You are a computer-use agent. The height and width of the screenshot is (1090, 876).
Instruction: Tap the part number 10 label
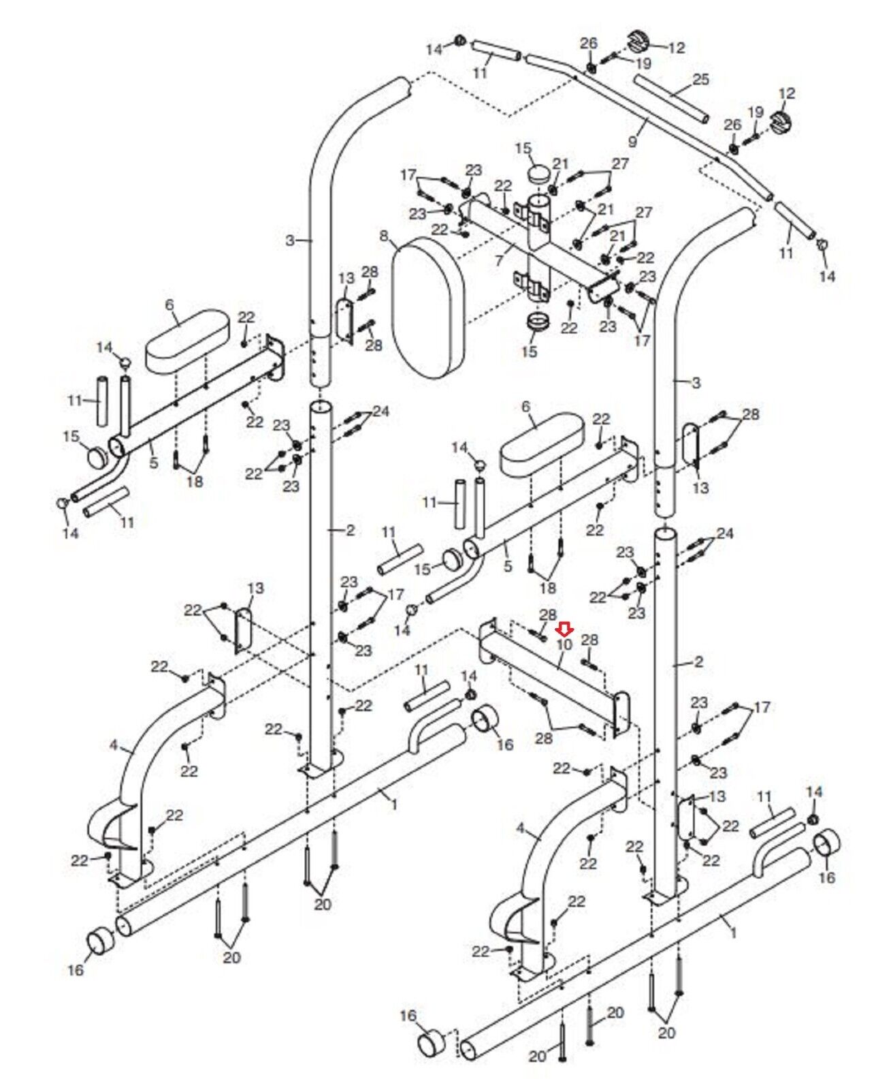tap(564, 644)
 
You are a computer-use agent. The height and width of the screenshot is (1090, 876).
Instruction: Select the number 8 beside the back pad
tap(384, 236)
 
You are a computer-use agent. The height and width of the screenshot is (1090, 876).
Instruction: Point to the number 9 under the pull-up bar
tap(632, 141)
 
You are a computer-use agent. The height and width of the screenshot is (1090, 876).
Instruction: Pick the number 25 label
tap(700, 79)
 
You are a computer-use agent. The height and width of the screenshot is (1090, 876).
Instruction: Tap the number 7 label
tap(499, 261)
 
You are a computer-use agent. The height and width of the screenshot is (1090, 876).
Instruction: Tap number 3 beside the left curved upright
tap(291, 240)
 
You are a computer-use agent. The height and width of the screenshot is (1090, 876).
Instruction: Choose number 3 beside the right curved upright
tap(695, 383)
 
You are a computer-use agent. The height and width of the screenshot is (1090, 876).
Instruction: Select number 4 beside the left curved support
tap(113, 746)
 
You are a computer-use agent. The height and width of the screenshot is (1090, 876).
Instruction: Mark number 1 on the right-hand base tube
tap(732, 933)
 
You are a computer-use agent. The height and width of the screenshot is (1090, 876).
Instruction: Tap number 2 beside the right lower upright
tap(698, 661)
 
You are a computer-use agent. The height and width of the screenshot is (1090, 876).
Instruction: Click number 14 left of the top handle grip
tap(434, 49)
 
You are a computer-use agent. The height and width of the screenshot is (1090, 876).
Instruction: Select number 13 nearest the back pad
tap(347, 278)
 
